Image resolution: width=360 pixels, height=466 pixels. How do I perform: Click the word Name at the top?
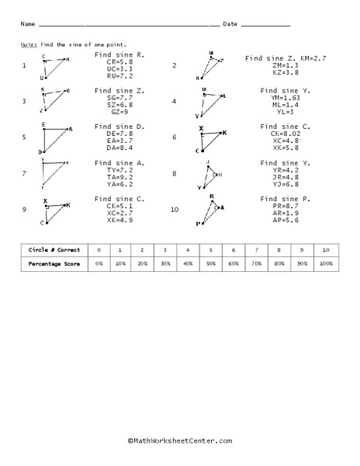click(x=26, y=25)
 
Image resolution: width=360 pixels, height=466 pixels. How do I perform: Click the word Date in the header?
click(x=230, y=25)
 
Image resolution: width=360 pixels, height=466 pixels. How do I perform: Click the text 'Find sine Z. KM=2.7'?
click(x=286, y=58)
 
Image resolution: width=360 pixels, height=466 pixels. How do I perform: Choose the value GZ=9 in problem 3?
click(x=120, y=112)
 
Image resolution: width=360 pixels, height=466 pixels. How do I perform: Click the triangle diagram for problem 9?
click(x=56, y=211)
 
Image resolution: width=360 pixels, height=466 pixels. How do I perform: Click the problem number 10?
click(x=175, y=210)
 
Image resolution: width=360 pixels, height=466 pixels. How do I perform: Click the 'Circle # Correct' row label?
click(x=52, y=250)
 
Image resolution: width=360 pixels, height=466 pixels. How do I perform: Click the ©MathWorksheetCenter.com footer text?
click(x=179, y=440)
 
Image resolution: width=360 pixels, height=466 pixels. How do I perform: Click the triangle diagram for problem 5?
click(x=55, y=140)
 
